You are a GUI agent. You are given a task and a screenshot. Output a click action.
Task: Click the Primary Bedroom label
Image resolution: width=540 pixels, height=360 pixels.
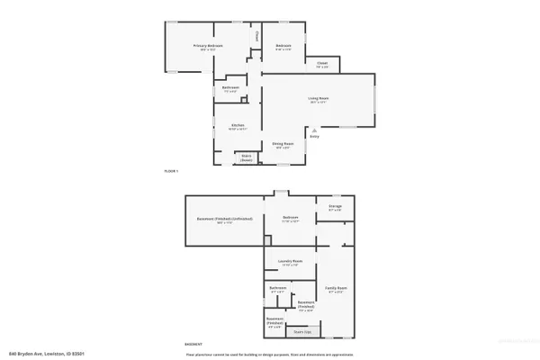211,46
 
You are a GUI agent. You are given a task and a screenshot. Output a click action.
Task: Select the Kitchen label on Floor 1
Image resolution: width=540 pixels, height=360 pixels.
238,125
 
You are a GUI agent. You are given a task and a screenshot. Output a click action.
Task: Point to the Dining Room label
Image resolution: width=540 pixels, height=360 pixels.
282,144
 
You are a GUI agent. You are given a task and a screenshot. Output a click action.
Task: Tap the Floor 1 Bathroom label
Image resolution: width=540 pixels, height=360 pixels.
229,88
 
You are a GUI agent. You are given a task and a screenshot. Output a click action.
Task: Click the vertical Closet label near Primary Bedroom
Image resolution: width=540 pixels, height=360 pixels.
256,37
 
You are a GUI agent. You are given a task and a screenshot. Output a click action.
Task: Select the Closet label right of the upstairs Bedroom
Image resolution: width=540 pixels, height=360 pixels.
322,63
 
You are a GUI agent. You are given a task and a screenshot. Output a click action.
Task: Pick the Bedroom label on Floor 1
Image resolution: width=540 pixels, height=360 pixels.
283,46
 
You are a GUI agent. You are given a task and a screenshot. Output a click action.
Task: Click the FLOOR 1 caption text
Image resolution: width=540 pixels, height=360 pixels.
171,171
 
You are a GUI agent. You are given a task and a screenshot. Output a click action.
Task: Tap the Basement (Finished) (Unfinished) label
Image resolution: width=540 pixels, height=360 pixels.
225,219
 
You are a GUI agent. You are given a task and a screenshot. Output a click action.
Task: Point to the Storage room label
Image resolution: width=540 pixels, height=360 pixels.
335,206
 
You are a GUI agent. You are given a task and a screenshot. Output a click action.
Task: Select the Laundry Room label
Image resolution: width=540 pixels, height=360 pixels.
290,261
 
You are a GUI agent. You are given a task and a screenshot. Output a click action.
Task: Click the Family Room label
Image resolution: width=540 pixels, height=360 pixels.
337,288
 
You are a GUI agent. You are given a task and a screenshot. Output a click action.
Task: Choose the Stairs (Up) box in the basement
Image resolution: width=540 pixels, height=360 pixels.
303,331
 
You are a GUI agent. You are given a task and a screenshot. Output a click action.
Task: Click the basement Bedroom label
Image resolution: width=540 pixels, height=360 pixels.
290,218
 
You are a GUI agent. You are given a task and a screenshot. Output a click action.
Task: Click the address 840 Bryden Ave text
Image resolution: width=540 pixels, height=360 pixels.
46,353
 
